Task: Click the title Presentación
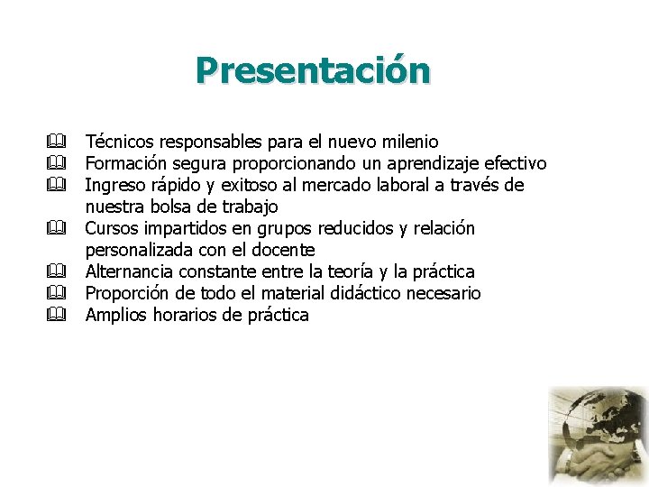313,70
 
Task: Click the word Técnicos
118,142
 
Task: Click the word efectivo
516,163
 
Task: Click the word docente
285,250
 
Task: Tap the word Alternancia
131,271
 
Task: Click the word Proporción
129,293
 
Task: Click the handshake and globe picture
598,436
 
